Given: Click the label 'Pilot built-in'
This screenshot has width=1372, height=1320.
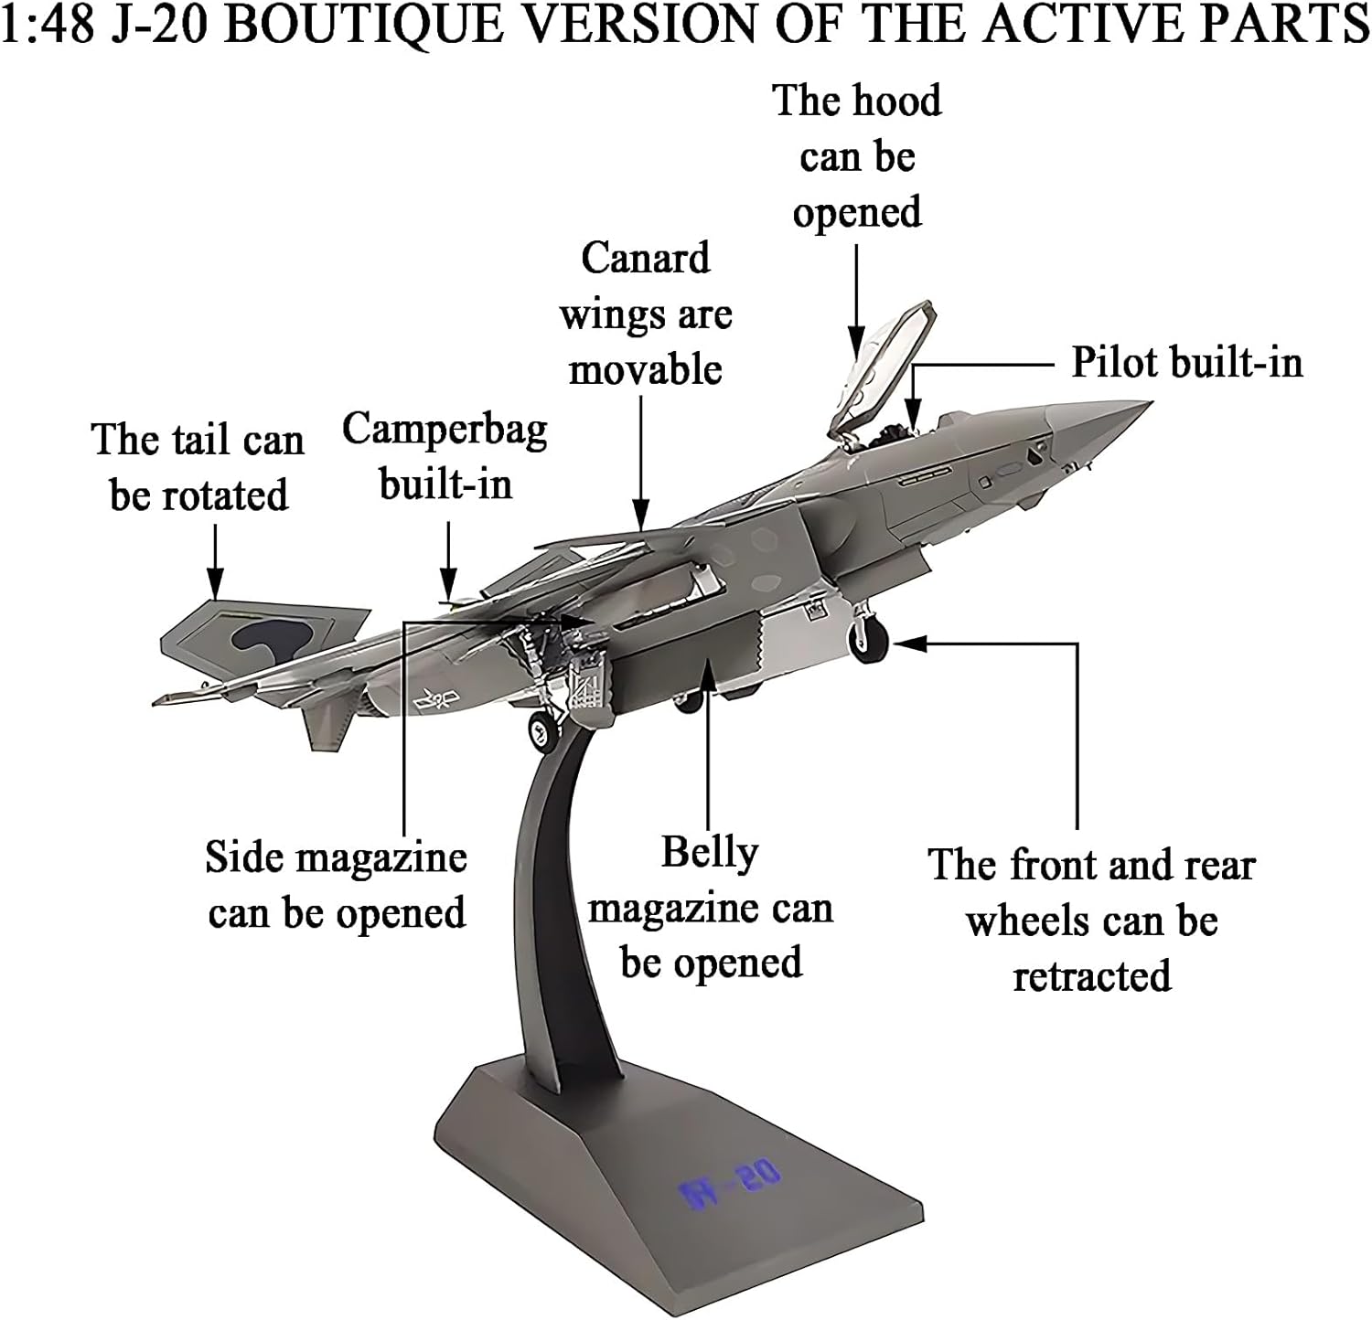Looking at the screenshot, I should click(1186, 363).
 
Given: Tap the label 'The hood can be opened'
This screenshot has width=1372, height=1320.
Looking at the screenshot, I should click(857, 156).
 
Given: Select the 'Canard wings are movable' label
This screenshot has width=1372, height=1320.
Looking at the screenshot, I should click(646, 314).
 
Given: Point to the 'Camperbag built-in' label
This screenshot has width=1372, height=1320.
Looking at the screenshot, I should click(445, 456).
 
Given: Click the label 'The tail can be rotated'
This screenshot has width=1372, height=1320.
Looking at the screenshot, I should click(198, 467).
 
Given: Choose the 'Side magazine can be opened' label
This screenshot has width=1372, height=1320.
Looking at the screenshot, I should click(337, 885).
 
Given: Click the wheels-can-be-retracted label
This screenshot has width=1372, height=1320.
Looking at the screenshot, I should click(1091, 921).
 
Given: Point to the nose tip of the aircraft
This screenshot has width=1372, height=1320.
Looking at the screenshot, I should click(1148, 403).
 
